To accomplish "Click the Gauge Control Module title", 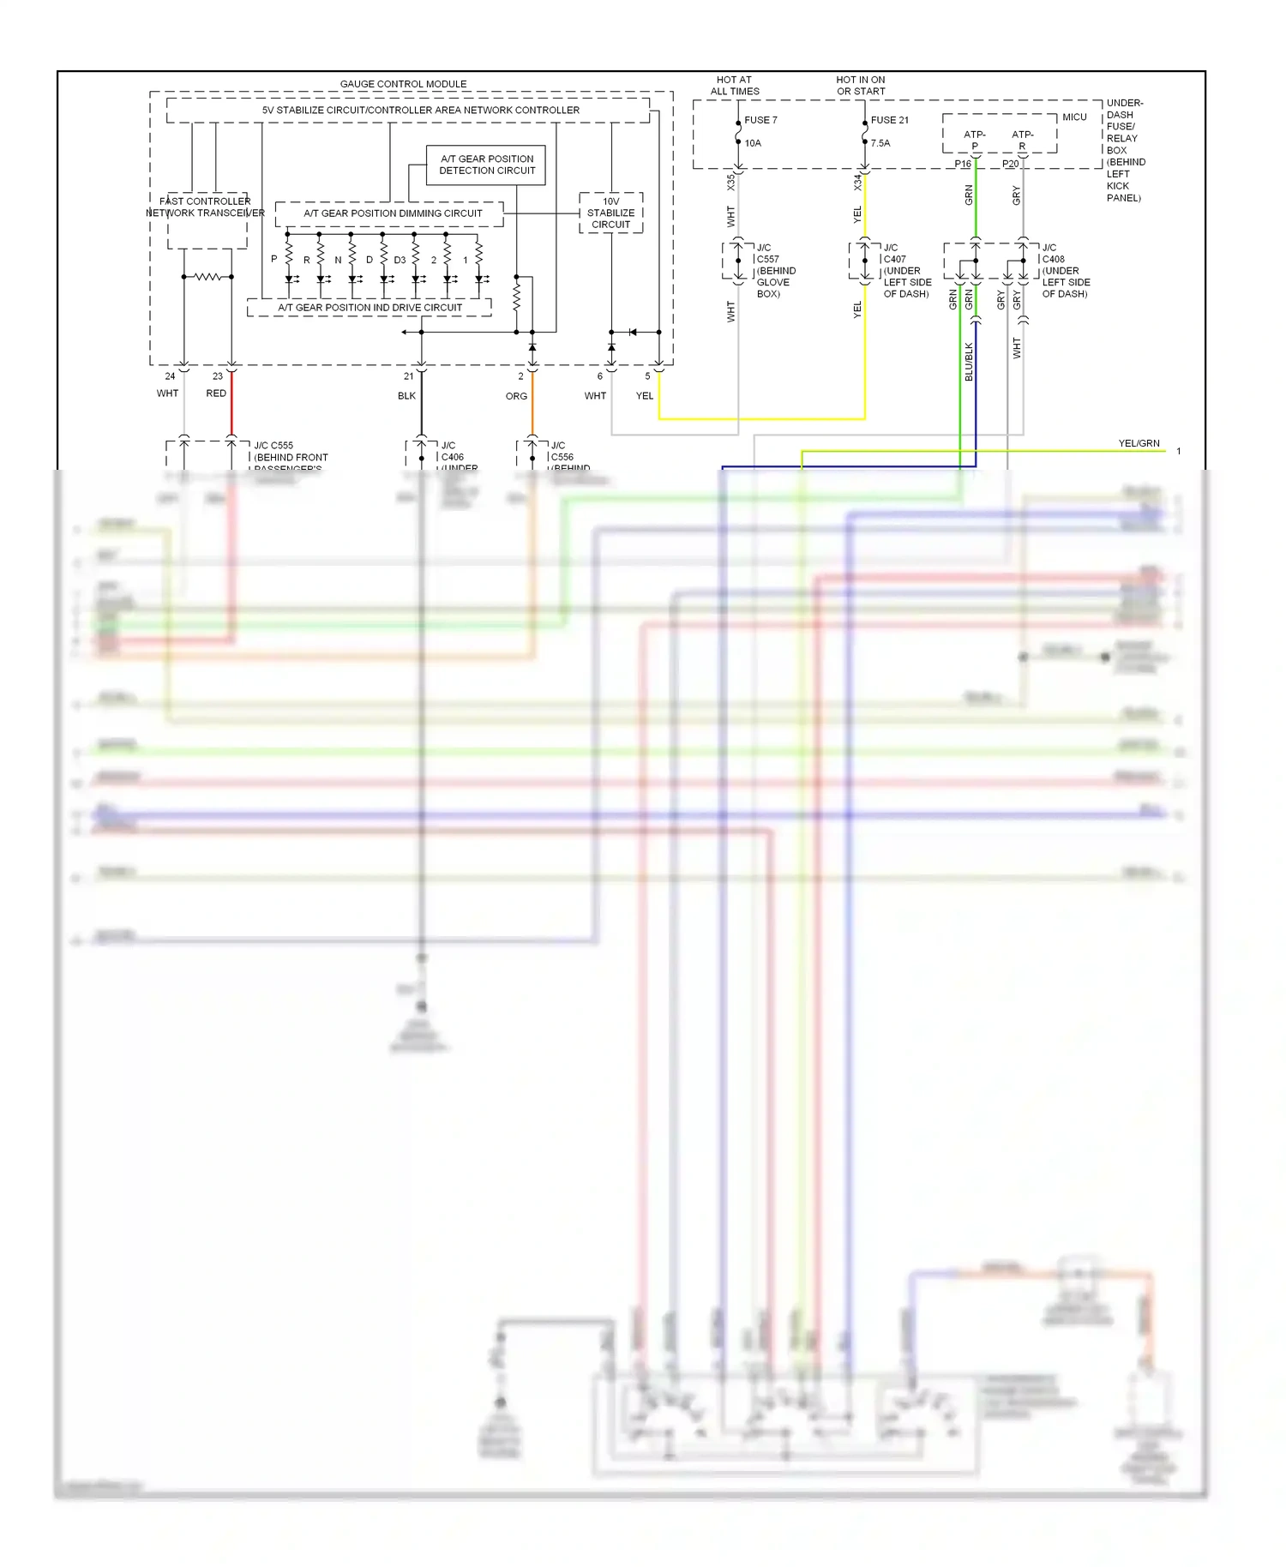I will coord(403,84).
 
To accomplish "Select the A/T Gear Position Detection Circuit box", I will coord(486,165).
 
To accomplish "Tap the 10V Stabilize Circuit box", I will coord(610,213).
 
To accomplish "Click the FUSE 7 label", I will coord(760,120).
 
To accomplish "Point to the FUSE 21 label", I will coord(889,120).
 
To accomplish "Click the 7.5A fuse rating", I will coord(880,143).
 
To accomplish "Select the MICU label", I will coord(1074,117).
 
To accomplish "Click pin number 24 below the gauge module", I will coord(170,376).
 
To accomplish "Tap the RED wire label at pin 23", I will coord(216,393).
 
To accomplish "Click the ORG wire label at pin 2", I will coord(516,396).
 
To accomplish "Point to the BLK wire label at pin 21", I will coord(406,396).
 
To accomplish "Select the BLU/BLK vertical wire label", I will coord(969,362).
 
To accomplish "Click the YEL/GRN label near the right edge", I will coord(1139,443).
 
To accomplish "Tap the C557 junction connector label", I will coord(767,259).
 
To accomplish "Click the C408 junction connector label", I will coord(1053,259).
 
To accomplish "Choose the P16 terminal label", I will coord(963,164).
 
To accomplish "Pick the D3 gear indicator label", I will coord(400,260).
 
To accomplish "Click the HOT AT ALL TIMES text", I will coord(735,85).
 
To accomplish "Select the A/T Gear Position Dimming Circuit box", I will coord(393,213).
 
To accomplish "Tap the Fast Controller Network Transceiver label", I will coord(205,207).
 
